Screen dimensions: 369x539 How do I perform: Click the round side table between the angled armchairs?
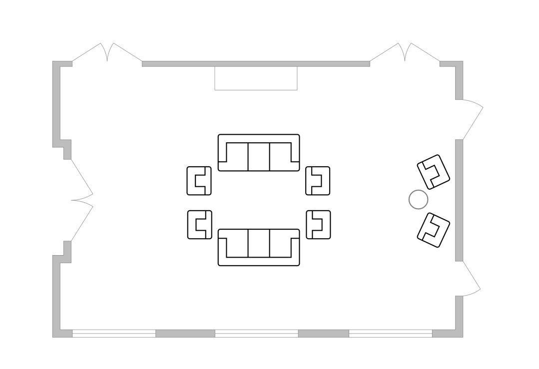(x=418, y=200)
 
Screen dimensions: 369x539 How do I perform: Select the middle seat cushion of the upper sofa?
(x=259, y=156)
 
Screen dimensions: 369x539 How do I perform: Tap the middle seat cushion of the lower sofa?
(x=259, y=244)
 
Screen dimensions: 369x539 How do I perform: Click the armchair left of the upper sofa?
(x=199, y=181)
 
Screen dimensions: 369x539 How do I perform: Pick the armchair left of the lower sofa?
(x=200, y=225)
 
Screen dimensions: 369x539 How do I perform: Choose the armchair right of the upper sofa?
(x=318, y=181)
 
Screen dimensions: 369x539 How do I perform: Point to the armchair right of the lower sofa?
(x=318, y=225)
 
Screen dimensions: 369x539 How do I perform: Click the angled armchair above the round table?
(x=433, y=171)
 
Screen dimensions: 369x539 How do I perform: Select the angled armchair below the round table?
(x=433, y=230)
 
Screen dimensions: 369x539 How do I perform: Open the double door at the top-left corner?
(x=107, y=54)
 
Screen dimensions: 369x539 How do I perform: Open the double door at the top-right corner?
(x=405, y=54)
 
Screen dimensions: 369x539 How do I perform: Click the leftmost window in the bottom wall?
(x=114, y=334)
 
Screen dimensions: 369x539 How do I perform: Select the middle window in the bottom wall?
(x=256, y=334)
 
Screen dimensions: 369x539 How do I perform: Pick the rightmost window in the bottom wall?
(x=390, y=334)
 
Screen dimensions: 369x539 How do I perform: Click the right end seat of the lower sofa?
(x=282, y=244)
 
